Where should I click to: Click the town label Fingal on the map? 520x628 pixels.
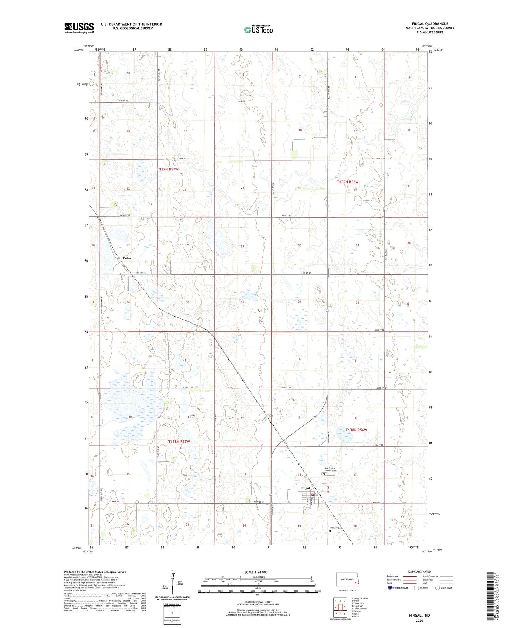click(x=305, y=488)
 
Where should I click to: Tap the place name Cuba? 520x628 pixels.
click(x=127, y=258)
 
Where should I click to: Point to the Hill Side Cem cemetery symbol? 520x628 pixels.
click(x=330, y=531)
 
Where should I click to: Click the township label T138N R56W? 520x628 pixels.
click(x=356, y=430)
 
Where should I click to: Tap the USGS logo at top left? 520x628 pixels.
click(x=79, y=28)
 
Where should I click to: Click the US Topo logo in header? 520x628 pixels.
click(x=258, y=30)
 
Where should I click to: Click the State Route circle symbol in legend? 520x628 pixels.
click(x=437, y=587)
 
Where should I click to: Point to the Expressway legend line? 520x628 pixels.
click(x=409, y=576)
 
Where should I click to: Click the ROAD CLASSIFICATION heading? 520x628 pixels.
click(x=419, y=572)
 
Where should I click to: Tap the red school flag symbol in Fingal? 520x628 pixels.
click(x=312, y=495)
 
